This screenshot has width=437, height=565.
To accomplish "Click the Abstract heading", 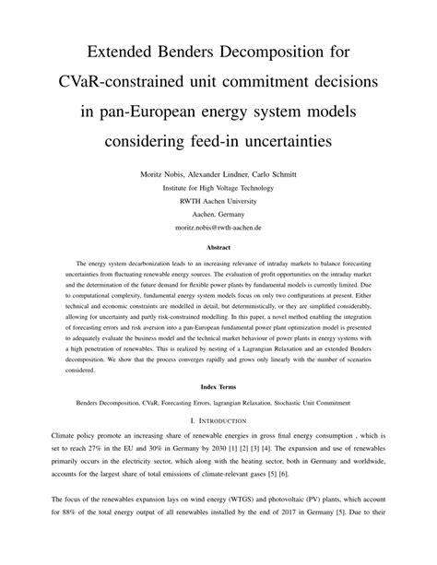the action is click(218, 247).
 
